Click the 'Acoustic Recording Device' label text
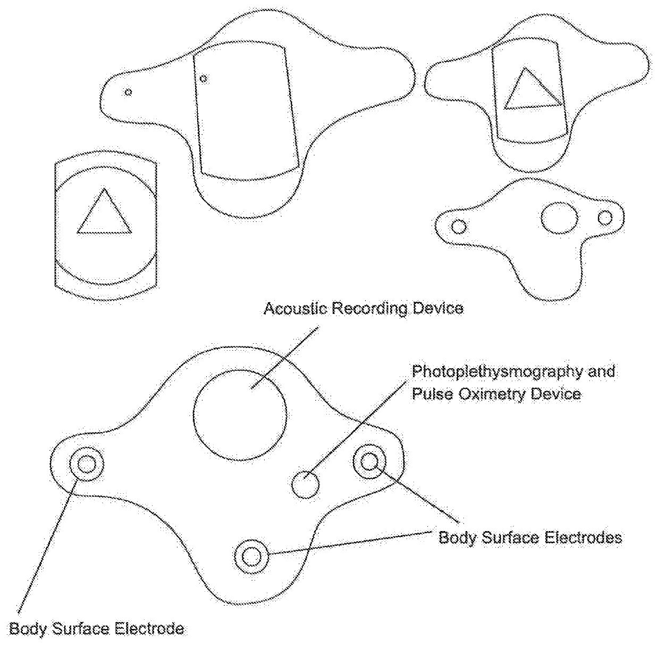pos(363,309)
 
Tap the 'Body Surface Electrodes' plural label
pos(530,537)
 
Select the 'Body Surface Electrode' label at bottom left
pos(97,629)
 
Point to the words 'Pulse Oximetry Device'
pos(496,394)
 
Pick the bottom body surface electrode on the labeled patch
pos(251,557)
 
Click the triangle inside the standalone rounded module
pos(104,213)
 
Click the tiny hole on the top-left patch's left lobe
pos(128,92)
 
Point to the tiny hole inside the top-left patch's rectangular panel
pos(203,79)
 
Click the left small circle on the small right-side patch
pos(459,227)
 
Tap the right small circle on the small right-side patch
pos(605,218)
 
